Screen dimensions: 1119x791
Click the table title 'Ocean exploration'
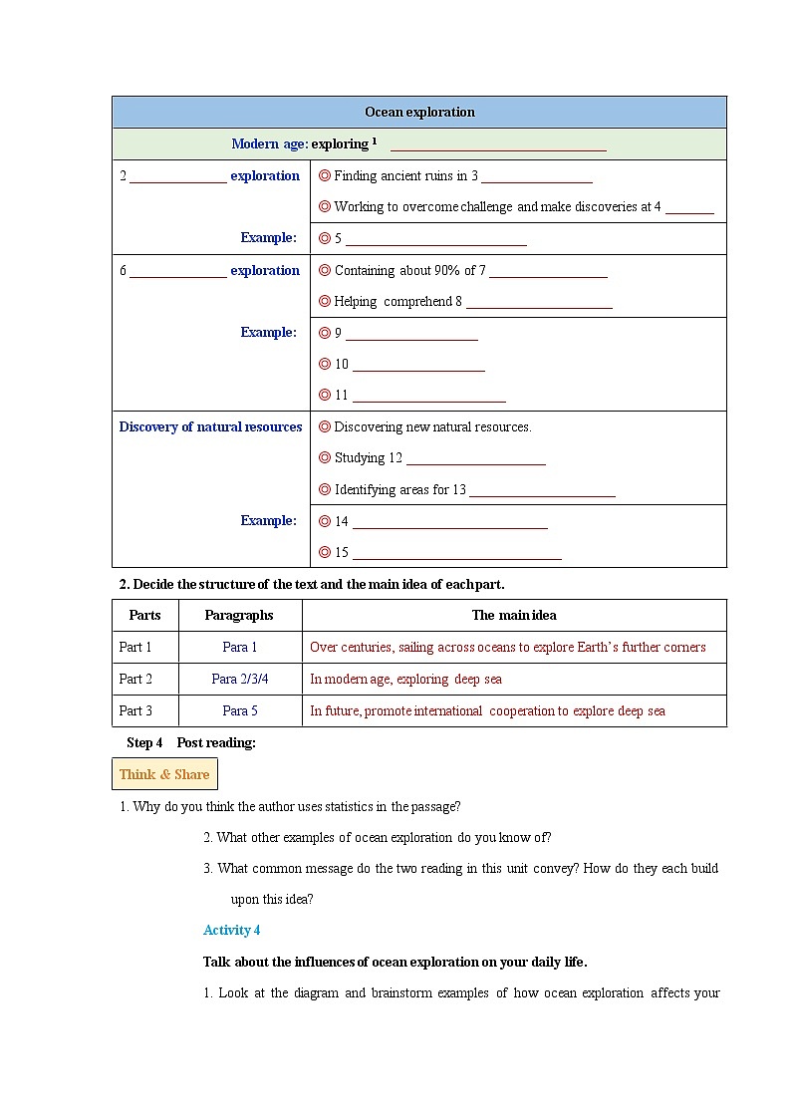click(x=419, y=112)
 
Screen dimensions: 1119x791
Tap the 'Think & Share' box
click(x=164, y=774)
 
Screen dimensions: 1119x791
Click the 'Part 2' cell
click(x=135, y=679)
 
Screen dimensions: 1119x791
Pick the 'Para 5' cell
click(x=239, y=710)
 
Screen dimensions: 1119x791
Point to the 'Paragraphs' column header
click(x=239, y=615)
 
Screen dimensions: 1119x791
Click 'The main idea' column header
click(x=514, y=615)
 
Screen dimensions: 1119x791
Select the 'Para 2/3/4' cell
click(x=239, y=679)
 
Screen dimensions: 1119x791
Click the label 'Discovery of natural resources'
click(x=210, y=426)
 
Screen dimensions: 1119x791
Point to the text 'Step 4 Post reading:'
click(x=191, y=742)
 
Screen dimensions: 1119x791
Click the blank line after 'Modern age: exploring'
click(x=498, y=147)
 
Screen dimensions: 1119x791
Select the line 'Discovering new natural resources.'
click(x=432, y=426)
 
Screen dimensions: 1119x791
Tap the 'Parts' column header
click(x=145, y=615)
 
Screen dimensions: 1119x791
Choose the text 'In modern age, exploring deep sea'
click(x=405, y=679)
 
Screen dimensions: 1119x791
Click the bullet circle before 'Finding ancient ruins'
click(x=324, y=175)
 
